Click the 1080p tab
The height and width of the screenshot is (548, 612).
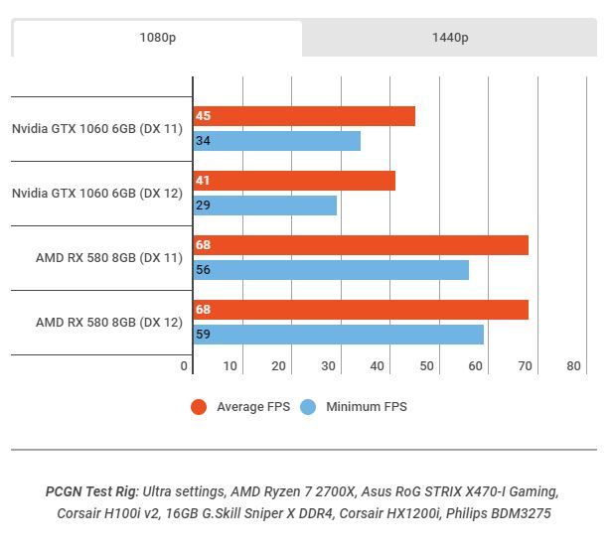pos(157,39)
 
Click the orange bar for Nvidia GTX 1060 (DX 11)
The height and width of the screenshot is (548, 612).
pos(304,116)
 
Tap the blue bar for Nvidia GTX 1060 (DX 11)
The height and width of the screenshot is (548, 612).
pos(276,141)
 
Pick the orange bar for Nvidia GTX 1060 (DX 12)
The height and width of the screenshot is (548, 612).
pos(294,181)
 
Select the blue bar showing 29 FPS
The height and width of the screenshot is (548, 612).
pos(264,205)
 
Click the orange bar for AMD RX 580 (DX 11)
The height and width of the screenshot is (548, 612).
pos(361,245)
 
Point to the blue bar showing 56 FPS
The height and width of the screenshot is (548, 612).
pos(331,270)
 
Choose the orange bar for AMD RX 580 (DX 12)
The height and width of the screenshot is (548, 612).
pos(361,310)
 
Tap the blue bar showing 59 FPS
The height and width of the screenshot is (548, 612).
pos(338,335)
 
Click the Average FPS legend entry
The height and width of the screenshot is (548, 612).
pos(240,407)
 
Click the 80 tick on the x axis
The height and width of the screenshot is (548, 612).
pos(573,366)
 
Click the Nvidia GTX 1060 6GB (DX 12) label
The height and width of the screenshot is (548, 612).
pos(97,194)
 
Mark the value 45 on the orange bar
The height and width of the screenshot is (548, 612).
pos(203,116)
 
